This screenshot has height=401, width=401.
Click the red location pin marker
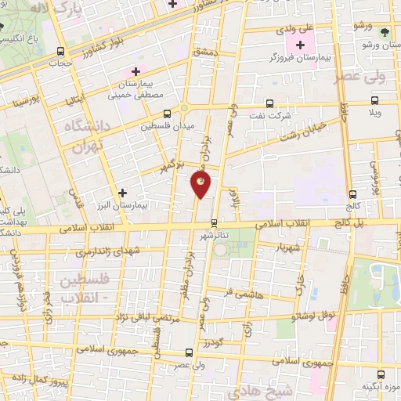(200, 185)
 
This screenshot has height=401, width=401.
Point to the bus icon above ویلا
(375, 100)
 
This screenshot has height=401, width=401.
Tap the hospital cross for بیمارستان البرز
(121, 192)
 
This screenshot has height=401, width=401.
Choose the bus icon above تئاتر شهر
(214, 222)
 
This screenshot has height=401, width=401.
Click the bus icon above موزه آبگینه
(381, 374)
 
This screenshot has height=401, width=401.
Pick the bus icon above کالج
(353, 194)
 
